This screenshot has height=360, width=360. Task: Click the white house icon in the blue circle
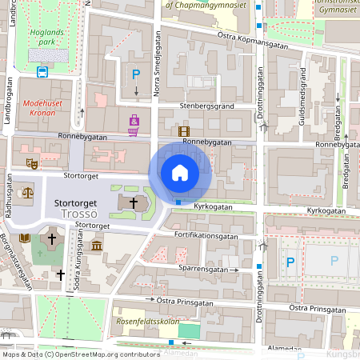[180, 173]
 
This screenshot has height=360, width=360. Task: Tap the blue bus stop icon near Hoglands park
[42, 71]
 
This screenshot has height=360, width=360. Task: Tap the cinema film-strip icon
[185, 131]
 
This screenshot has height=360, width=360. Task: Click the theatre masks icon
[32, 163]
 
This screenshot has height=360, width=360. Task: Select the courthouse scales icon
[29, 192]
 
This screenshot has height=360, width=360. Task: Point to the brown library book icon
[24, 238]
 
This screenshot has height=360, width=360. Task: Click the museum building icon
[97, 242]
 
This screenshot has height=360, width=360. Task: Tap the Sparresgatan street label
[204, 269]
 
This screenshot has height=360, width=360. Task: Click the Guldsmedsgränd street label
[303, 96]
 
